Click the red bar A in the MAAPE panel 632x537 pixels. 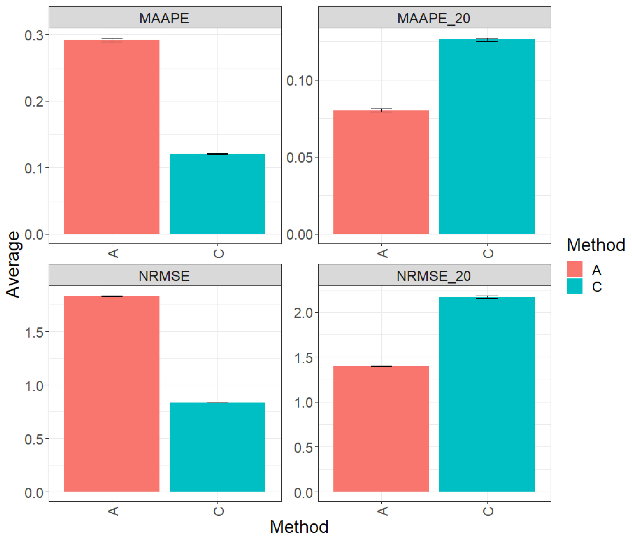point(111,137)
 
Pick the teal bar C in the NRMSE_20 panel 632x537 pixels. point(486,394)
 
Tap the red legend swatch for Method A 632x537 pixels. point(574,269)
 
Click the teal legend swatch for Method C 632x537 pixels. point(574,286)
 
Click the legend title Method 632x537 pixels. point(595,245)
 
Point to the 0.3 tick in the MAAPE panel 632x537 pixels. point(34,35)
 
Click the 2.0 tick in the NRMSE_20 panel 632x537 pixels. point(303,313)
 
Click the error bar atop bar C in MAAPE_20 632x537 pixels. point(487,40)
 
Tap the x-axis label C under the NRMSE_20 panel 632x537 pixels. point(487,511)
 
